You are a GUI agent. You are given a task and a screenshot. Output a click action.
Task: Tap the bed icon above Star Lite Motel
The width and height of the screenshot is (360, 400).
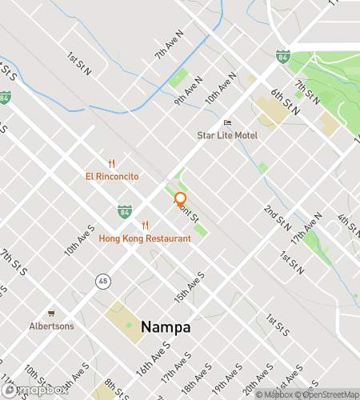coord(228,123)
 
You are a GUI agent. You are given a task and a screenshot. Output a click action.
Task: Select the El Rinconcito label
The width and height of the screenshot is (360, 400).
coord(113,176)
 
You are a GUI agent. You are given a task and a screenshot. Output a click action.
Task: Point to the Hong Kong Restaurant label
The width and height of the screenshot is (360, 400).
coord(145,238)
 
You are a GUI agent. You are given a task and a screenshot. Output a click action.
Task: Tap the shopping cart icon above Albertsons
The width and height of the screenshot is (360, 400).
coord(51,313)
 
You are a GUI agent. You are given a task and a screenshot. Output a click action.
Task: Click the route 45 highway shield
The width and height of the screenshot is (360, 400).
coord(102,281)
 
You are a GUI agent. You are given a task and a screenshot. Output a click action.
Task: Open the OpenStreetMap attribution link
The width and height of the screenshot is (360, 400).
coord(327,394)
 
